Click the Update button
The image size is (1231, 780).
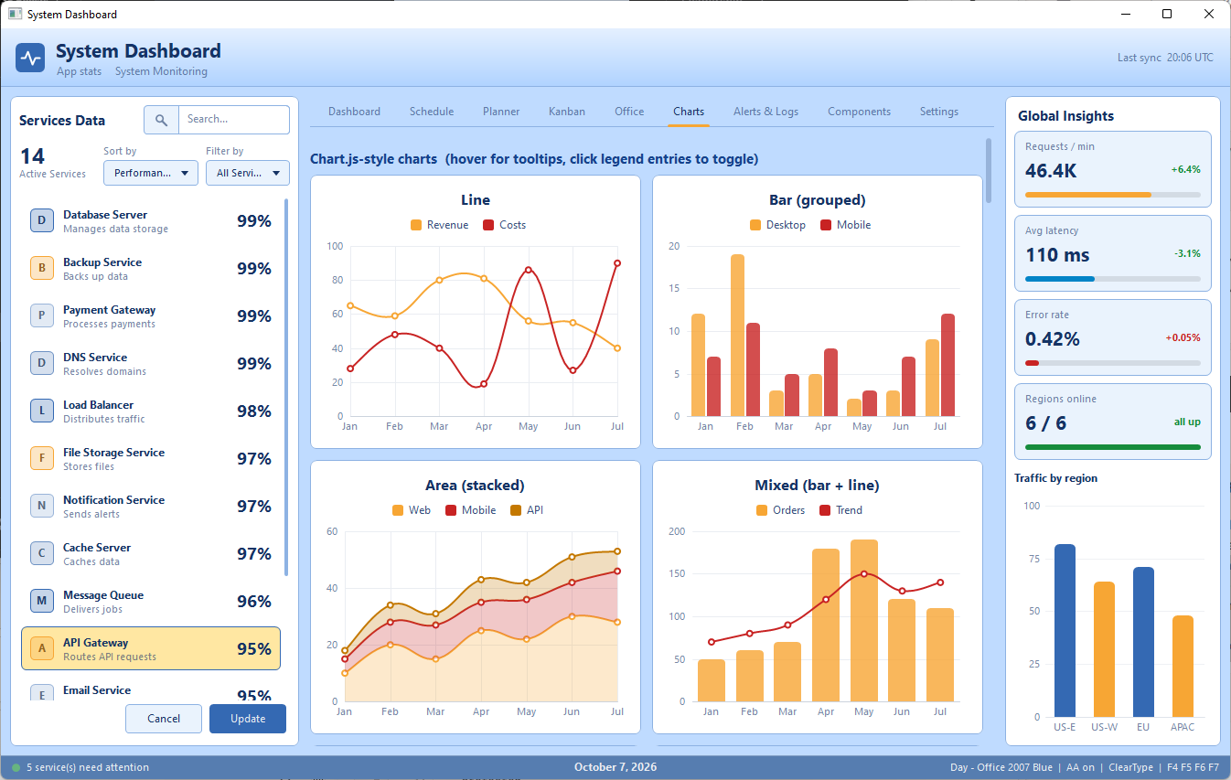point(247,719)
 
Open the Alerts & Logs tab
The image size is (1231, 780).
point(765,112)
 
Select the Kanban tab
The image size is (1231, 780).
point(567,112)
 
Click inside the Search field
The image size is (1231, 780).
point(233,119)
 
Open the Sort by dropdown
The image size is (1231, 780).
point(151,173)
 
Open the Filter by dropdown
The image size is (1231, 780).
point(247,173)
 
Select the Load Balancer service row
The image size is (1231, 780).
point(151,411)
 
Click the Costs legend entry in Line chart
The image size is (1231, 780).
point(505,225)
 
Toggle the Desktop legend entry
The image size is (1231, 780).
point(777,225)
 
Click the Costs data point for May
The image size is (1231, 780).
point(528,270)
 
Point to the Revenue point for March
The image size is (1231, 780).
point(439,280)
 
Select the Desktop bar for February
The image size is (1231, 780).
point(737,335)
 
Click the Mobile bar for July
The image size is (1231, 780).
point(948,365)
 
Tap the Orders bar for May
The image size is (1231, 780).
point(864,621)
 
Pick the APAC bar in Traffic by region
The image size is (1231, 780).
point(1183,667)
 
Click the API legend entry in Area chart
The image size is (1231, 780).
point(527,509)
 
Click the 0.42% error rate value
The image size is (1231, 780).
point(1053,339)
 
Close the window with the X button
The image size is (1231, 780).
point(1208,15)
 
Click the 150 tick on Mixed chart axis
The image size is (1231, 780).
point(677,573)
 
